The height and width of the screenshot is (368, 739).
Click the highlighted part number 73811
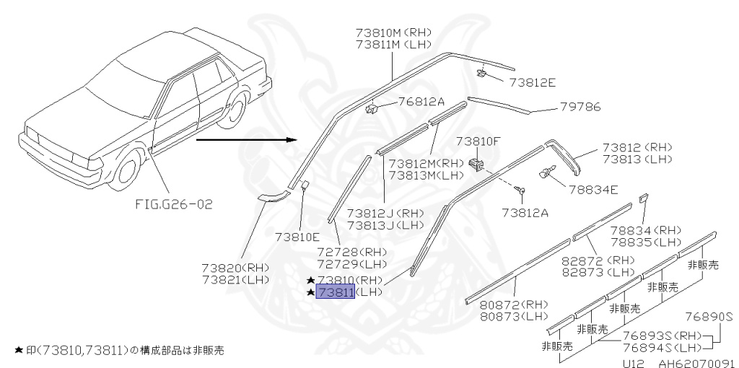click(x=335, y=292)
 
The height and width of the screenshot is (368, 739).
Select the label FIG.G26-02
click(x=174, y=203)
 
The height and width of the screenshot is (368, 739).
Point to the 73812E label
click(x=532, y=82)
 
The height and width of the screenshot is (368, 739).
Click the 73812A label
click(x=525, y=212)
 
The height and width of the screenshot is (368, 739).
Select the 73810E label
click(x=297, y=236)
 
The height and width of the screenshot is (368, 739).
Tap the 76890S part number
click(x=709, y=316)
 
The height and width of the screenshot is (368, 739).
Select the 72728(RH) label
click(x=352, y=251)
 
